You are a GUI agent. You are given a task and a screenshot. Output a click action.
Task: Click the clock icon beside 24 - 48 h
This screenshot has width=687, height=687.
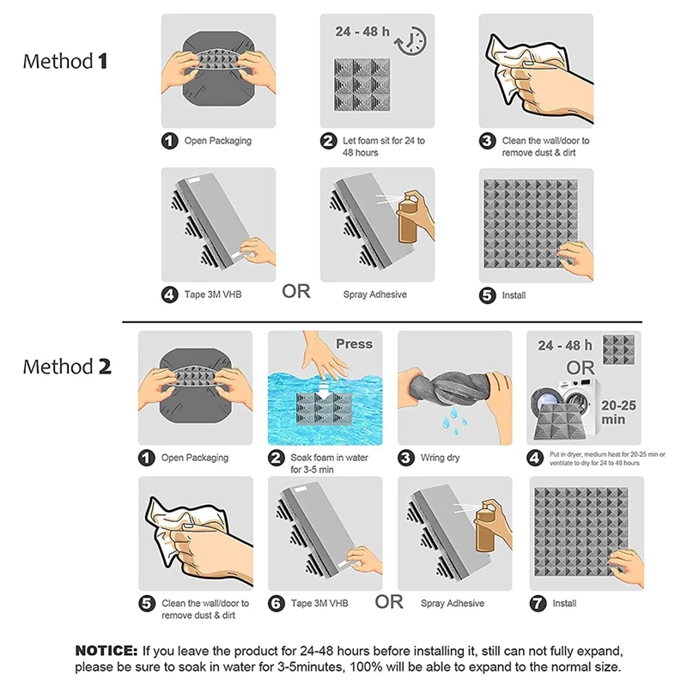412,41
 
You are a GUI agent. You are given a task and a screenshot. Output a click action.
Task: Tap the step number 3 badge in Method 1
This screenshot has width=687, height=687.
488,141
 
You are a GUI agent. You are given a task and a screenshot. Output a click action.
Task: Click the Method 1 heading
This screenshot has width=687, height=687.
65,61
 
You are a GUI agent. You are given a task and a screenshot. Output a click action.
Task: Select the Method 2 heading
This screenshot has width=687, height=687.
67,367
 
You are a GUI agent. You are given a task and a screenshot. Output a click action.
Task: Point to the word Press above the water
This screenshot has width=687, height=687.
354,344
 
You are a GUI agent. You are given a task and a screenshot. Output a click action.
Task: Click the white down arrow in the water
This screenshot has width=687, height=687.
325,390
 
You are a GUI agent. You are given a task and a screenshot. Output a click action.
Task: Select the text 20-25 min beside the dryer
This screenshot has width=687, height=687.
617,412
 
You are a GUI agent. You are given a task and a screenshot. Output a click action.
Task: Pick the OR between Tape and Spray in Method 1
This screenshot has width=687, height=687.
296,291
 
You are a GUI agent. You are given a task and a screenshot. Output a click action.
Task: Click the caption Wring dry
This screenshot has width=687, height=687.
440,458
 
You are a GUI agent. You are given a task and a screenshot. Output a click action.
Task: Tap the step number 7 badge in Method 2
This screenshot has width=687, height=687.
538,604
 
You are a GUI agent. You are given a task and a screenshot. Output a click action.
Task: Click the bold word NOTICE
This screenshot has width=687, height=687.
106,651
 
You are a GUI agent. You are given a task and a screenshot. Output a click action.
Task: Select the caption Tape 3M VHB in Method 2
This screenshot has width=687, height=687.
319,604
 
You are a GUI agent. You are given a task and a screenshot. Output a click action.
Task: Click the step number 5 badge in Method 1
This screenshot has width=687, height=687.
488,295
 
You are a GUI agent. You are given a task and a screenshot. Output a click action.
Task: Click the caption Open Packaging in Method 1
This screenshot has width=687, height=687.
218,141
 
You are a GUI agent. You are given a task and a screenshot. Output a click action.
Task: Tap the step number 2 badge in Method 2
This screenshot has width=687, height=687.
276,459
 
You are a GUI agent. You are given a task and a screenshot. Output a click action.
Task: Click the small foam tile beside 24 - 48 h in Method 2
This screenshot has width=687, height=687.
618,350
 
